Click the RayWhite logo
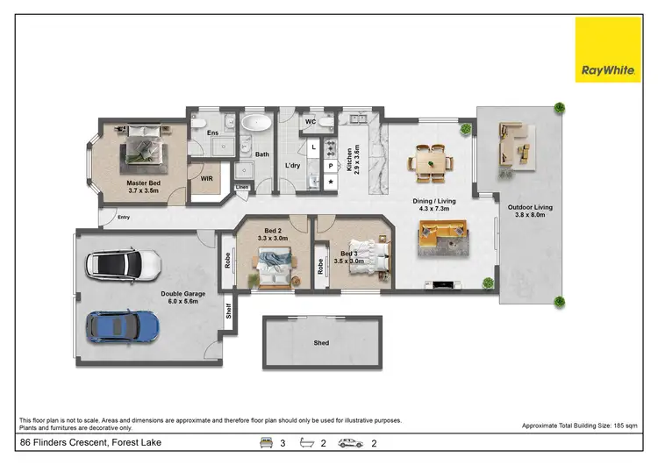(608, 49)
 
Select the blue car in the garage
(124, 325)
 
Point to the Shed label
(322, 343)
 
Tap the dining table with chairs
(430, 162)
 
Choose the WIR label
(207, 178)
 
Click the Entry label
(111, 218)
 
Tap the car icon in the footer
(351, 444)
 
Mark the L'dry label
(293, 166)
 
